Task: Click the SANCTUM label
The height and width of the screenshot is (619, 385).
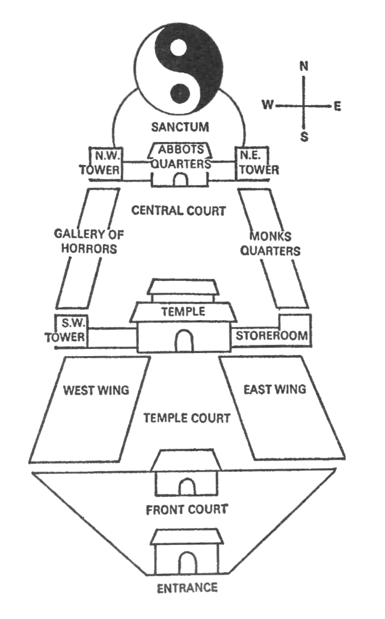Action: pyautogui.click(x=179, y=127)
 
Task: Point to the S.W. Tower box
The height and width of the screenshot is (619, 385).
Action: pyautogui.click(x=71, y=330)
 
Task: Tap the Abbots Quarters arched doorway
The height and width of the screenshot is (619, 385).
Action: pyautogui.click(x=179, y=179)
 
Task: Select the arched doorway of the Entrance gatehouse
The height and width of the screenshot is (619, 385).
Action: pyautogui.click(x=188, y=563)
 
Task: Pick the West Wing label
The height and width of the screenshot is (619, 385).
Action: pyautogui.click(x=96, y=390)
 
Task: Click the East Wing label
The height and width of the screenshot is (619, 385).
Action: pyautogui.click(x=275, y=389)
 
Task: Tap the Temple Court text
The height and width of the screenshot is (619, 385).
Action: pyautogui.click(x=186, y=417)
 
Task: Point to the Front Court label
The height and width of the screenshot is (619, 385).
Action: pyautogui.click(x=187, y=510)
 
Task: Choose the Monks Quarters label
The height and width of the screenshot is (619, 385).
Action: pyautogui.click(x=270, y=243)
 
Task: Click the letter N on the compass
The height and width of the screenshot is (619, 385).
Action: pyautogui.click(x=304, y=67)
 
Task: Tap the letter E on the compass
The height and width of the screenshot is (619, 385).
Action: pyautogui.click(x=337, y=106)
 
